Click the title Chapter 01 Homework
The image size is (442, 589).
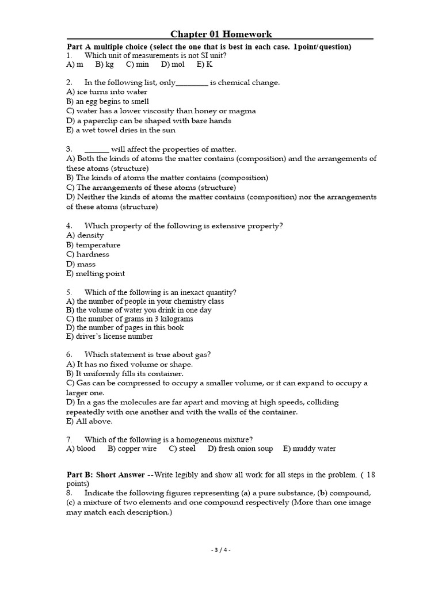pos(221,35)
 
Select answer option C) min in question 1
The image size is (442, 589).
pos(138,65)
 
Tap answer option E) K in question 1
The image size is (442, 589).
pos(204,65)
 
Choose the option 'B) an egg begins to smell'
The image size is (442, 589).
pos(108,101)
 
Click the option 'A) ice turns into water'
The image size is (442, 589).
pos(107,92)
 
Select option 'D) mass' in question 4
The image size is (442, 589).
pos(81,264)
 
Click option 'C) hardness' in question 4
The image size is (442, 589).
pos(87,254)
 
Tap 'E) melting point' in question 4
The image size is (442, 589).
pos(96,274)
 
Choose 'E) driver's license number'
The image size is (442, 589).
pos(109,336)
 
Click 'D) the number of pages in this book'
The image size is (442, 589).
pos(125,328)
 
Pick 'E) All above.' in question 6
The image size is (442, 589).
pos(89,421)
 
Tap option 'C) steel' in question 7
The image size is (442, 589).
pos(182,449)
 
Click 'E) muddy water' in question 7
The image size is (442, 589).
pos(309,449)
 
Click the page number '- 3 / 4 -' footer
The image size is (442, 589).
pos(220,550)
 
